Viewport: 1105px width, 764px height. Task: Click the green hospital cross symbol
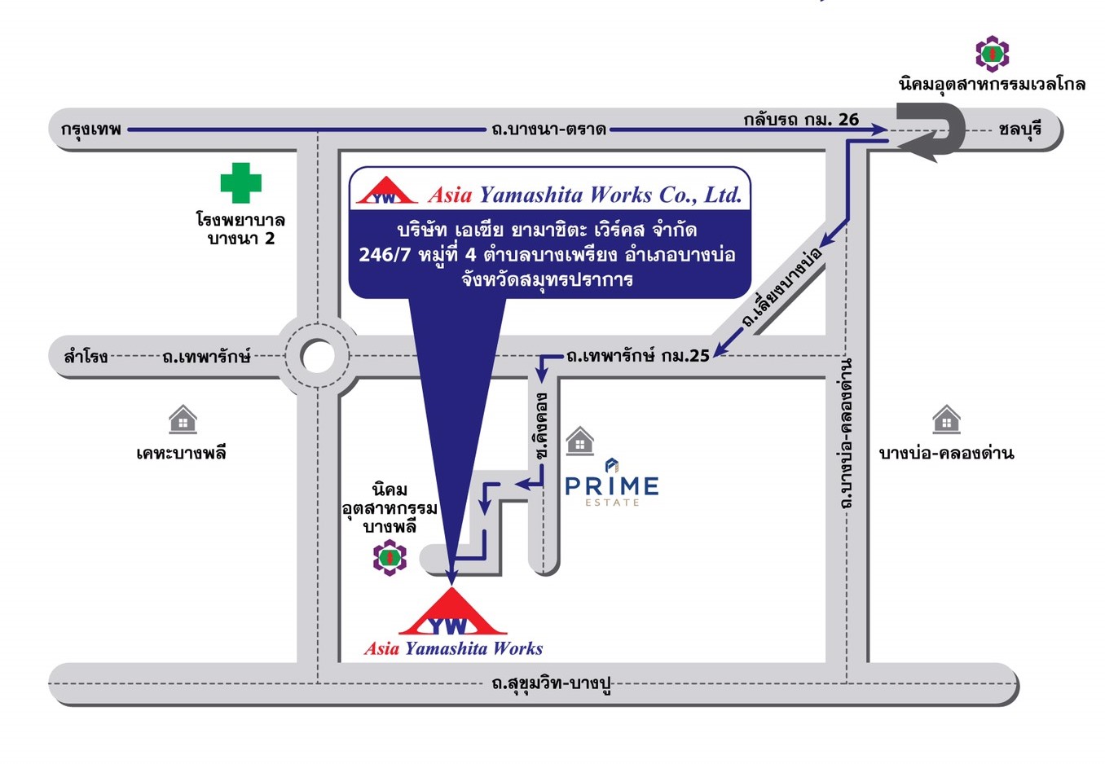[x=241, y=182]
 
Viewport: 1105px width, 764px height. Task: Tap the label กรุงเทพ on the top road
[x=91, y=129]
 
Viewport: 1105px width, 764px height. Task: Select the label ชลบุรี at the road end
[x=1019, y=129]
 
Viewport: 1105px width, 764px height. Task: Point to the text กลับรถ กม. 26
[x=801, y=119]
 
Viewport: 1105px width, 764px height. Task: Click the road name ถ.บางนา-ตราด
[x=548, y=129]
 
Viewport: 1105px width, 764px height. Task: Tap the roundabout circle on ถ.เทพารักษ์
[x=317, y=356]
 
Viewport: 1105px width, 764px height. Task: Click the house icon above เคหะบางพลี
[x=183, y=419]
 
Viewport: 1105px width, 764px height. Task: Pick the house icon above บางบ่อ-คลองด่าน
[x=946, y=419]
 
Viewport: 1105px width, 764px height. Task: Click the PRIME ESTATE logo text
[x=612, y=487]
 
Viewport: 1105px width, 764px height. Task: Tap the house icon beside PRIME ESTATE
[x=579, y=440]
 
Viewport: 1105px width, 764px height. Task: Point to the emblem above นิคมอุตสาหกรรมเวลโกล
[x=992, y=54]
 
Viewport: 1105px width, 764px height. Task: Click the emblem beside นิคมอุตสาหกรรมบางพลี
[x=390, y=559]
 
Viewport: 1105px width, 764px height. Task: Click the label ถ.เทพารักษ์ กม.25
[x=638, y=355]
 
